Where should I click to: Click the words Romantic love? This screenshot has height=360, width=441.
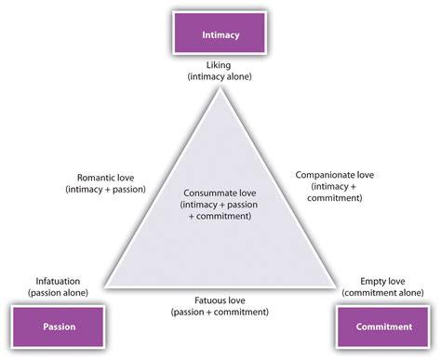[103, 176]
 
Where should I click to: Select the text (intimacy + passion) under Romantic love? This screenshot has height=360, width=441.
[103, 189]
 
